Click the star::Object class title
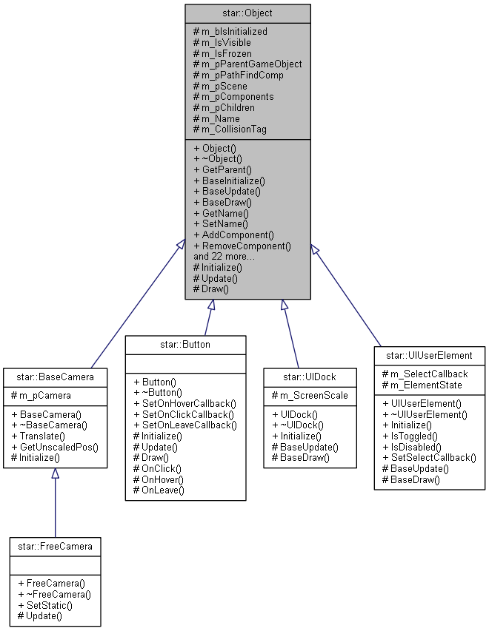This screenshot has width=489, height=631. (x=247, y=13)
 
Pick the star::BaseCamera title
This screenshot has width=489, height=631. (x=54, y=375)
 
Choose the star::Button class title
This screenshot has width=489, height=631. (x=185, y=344)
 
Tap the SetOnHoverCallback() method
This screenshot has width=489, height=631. (x=188, y=403)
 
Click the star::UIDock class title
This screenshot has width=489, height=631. (x=312, y=375)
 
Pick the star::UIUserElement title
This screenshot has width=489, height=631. (x=430, y=355)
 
